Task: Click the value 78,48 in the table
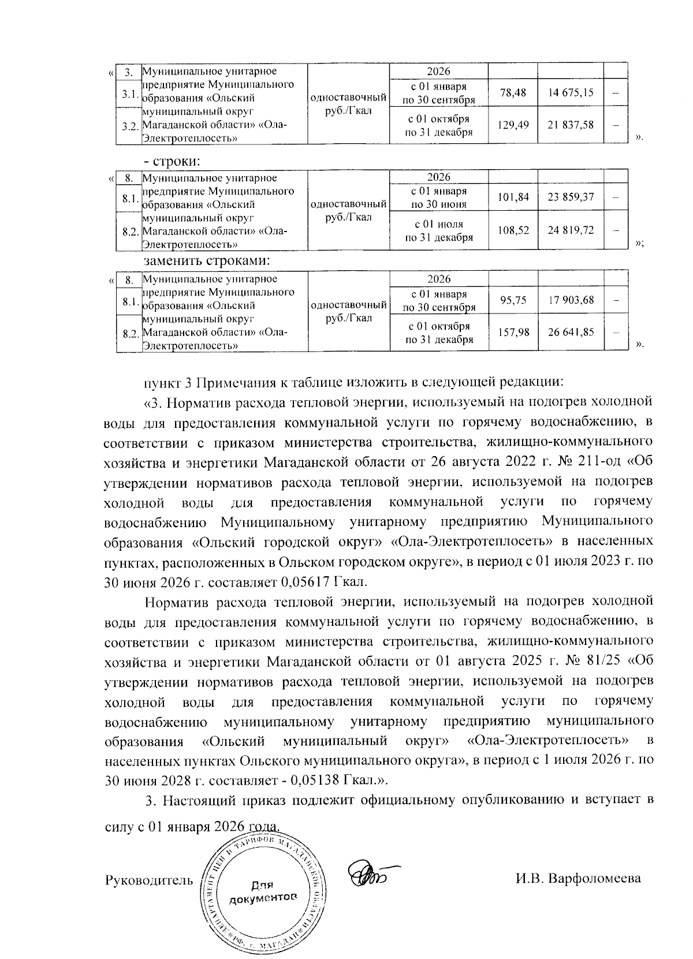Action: pos(513,93)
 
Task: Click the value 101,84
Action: pos(513,197)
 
